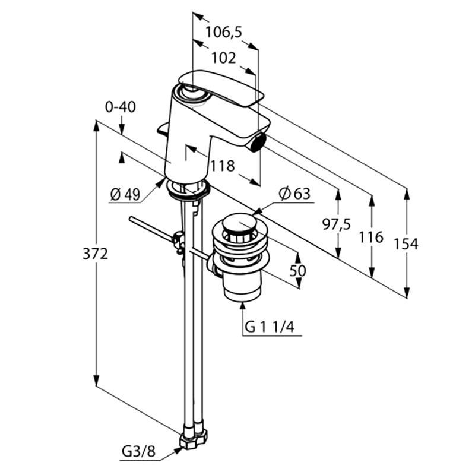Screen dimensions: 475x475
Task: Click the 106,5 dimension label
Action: pyautogui.click(x=224, y=32)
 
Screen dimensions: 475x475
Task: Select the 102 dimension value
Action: pyautogui.click(x=223, y=58)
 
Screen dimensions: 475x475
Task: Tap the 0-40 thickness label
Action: pyautogui.click(x=121, y=107)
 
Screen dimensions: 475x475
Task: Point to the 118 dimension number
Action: pyautogui.click(x=222, y=166)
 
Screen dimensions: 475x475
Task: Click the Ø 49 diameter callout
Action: pyautogui.click(x=125, y=194)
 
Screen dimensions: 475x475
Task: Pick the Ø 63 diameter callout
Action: pyautogui.click(x=294, y=194)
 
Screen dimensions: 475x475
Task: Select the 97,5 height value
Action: pyautogui.click(x=336, y=224)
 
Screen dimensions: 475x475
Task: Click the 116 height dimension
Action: pyautogui.click(x=371, y=237)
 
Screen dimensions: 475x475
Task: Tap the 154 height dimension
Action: pyautogui.click(x=406, y=244)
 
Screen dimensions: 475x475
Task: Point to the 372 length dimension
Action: pyautogui.click(x=95, y=254)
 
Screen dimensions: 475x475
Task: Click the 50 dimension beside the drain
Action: pyautogui.click(x=298, y=271)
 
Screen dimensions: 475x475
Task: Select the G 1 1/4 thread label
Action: pyautogui.click(x=270, y=327)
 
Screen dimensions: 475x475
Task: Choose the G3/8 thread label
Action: pyautogui.click(x=138, y=452)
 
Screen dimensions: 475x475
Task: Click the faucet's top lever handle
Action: pyautogui.click(x=220, y=88)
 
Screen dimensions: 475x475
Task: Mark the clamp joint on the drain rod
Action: pyautogui.click(x=178, y=240)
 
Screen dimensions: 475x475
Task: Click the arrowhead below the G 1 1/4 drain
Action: pyautogui.click(x=242, y=306)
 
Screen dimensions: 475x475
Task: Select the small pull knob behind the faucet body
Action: pyautogui.click(x=163, y=128)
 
